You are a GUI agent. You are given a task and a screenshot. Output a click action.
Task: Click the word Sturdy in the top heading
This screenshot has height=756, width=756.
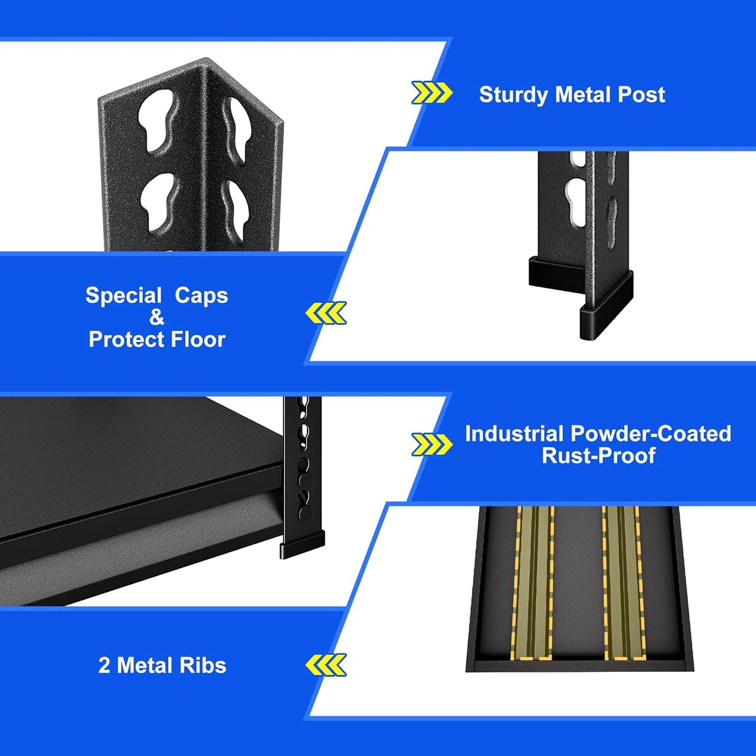(514, 95)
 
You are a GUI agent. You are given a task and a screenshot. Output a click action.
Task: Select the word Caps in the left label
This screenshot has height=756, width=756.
(201, 296)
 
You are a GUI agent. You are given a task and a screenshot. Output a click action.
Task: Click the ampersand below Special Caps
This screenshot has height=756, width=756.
(156, 318)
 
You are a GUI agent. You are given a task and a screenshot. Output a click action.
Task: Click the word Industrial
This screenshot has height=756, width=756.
(514, 434)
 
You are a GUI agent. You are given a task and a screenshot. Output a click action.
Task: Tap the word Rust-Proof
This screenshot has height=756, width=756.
(599, 456)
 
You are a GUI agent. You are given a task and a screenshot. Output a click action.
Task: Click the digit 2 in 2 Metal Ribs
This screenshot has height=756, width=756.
(104, 665)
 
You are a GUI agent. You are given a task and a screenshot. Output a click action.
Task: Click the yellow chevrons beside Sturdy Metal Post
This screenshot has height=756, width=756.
(432, 93)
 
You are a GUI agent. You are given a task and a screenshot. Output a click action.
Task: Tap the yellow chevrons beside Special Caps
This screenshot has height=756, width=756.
(326, 313)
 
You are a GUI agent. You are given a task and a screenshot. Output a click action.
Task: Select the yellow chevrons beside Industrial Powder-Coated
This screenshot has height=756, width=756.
(432, 445)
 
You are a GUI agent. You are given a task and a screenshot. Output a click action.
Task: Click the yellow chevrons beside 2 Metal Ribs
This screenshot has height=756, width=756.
(326, 665)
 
